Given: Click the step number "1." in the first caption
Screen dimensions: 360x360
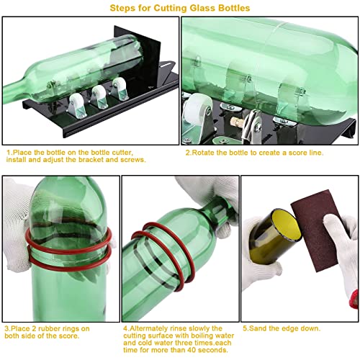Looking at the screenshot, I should [x=9, y=153].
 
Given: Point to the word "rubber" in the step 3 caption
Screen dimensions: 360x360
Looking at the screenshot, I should [x=50, y=329].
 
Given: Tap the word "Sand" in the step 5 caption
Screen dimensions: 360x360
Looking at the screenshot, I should [x=258, y=329].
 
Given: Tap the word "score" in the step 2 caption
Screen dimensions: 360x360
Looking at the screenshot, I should [x=289, y=153].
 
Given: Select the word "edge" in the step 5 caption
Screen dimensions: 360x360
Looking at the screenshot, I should [x=286, y=329].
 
